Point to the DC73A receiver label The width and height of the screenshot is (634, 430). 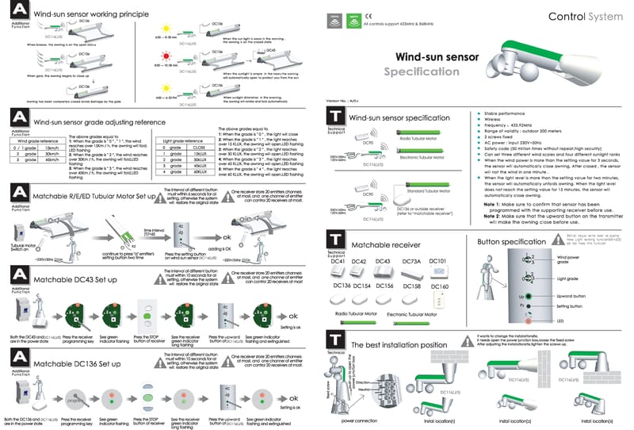(411, 239)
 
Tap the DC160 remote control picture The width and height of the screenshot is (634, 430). (437, 299)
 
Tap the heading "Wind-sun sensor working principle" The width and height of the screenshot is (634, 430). (96, 14)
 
